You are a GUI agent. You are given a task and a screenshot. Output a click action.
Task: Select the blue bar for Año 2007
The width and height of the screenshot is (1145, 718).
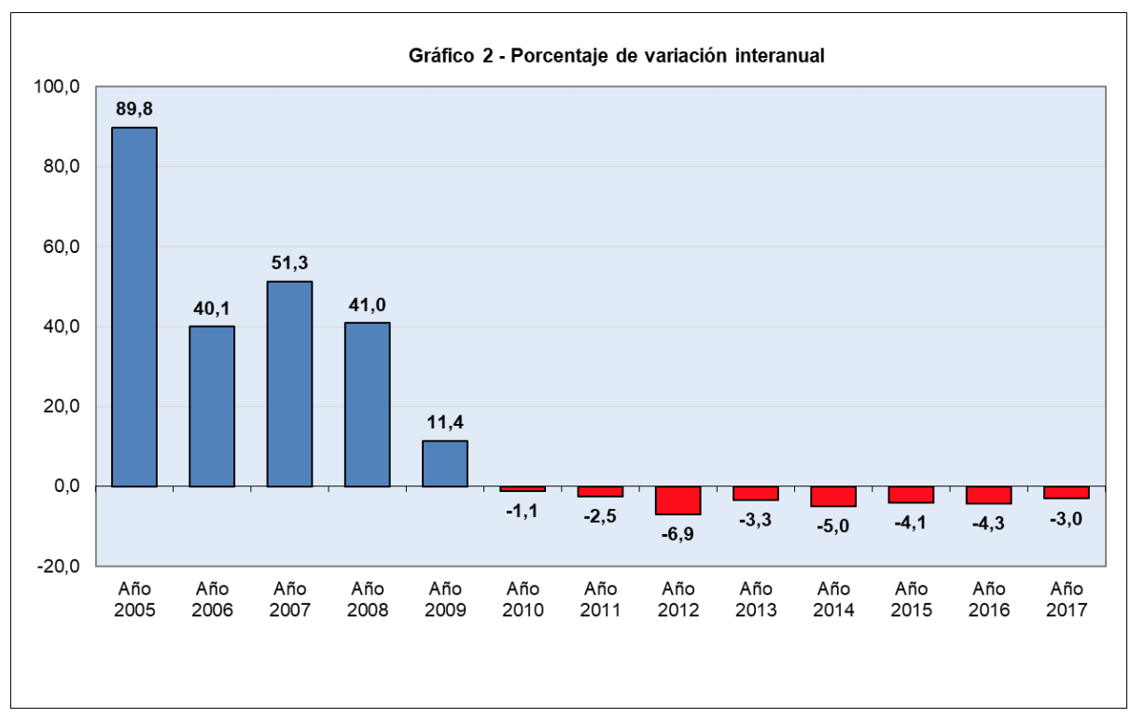click(x=289, y=384)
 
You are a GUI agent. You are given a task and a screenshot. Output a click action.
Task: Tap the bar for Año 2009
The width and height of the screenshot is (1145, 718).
click(x=445, y=463)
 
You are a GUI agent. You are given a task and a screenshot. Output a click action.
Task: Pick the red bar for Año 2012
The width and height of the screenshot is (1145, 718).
click(x=678, y=500)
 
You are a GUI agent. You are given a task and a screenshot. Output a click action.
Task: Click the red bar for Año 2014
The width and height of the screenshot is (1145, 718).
click(x=833, y=497)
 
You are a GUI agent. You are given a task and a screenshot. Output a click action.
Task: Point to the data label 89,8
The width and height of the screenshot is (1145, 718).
click(x=134, y=110)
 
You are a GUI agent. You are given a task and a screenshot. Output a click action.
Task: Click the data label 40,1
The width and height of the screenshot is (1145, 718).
click(x=212, y=309)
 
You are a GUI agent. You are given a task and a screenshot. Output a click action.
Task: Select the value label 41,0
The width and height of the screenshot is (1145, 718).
click(x=368, y=305)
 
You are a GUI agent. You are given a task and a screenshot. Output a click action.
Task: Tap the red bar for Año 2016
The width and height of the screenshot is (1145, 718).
click(x=989, y=495)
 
